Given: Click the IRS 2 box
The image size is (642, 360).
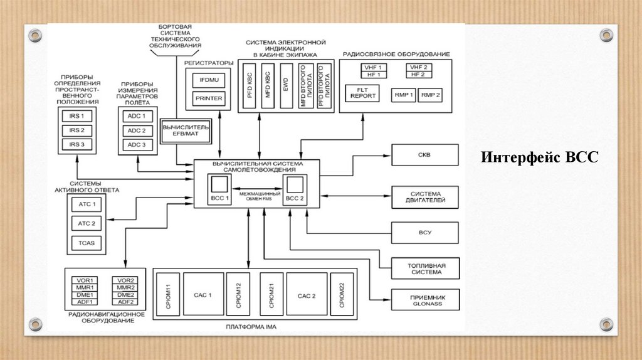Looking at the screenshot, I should (76, 130).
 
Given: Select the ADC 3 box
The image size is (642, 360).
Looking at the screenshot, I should (136, 145).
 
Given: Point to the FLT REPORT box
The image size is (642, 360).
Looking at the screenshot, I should (363, 93).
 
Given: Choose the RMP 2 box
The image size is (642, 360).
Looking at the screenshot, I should (431, 95).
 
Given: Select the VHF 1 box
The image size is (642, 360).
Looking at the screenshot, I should (374, 67).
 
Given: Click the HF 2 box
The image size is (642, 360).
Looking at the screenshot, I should (418, 74).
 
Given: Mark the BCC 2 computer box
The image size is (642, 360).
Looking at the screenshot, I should (294, 189).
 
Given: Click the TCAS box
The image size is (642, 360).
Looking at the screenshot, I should (86, 243).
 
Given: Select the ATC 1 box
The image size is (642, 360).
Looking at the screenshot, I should (86, 204).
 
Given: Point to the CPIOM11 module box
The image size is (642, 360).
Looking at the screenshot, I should (168, 295).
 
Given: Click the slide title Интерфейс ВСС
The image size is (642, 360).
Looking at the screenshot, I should (540, 157).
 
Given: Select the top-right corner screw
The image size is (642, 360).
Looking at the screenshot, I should (605, 34).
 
